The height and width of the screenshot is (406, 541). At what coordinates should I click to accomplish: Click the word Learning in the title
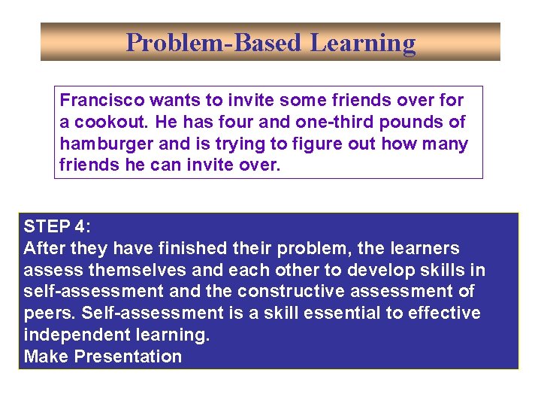pos(363,43)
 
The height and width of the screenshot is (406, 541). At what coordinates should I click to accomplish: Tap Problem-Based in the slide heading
pos(215,43)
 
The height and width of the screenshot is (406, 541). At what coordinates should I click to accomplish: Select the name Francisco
pos(101,100)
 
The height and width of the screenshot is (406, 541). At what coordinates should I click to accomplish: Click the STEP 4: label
pos(56,226)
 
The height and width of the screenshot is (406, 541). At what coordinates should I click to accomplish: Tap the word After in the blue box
pos(44,248)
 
